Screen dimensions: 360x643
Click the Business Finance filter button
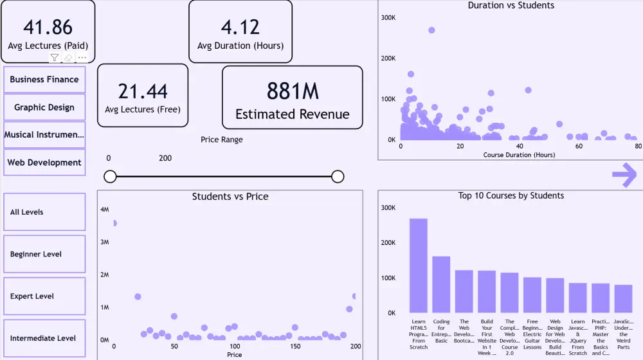[x=44, y=80]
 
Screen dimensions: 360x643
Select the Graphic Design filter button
[x=44, y=107]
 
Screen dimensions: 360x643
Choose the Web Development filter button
[x=44, y=163]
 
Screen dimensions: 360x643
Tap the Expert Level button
[x=44, y=296]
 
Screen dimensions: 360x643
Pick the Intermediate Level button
[x=44, y=338]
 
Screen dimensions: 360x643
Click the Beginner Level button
[x=44, y=254]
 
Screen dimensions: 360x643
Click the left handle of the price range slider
[x=110, y=177]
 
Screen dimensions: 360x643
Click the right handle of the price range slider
[x=338, y=177]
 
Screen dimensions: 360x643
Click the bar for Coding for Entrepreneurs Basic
[x=441, y=284]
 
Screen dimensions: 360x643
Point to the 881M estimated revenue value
[x=293, y=92]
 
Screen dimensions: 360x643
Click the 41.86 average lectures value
[x=48, y=27]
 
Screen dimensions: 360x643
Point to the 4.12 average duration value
[x=240, y=27]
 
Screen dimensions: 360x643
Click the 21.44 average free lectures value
[x=143, y=91]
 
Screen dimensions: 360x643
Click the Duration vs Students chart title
[x=511, y=6]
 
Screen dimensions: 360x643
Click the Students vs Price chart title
[x=230, y=197]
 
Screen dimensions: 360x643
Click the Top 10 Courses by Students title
[x=511, y=195]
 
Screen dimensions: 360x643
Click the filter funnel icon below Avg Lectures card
[x=55, y=58]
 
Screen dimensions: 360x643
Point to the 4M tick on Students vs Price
[x=105, y=210]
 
